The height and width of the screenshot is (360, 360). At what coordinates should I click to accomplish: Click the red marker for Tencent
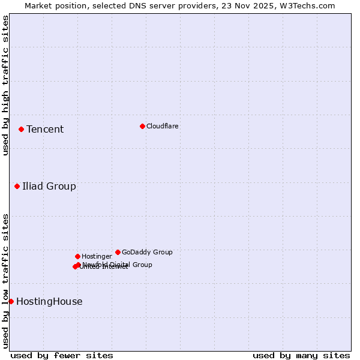point(21,129)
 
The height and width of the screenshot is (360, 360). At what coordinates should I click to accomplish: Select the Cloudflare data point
point(142,126)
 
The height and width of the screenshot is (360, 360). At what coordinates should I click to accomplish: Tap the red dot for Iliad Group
point(17,186)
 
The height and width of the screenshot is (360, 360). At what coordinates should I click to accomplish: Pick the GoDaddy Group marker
point(118,252)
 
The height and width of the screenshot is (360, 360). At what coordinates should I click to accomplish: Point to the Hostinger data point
point(77,256)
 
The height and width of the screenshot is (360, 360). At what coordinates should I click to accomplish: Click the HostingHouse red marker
point(11,301)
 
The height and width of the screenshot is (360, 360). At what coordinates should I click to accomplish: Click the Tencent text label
point(45,130)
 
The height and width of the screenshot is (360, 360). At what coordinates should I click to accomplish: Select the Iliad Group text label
point(49,187)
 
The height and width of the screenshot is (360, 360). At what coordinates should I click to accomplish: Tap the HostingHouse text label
point(49,302)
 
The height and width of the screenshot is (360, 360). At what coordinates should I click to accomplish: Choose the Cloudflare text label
point(163,127)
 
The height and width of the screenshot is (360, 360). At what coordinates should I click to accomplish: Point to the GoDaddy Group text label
point(147,253)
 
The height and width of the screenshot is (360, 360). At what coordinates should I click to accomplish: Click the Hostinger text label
point(97,257)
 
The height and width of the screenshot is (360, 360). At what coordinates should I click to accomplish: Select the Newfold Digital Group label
point(118,265)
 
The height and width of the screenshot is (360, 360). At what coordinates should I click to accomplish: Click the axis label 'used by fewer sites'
point(62,356)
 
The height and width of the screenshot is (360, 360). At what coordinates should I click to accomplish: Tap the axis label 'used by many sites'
point(301,356)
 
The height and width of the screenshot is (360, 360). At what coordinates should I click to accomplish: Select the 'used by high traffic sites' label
point(5,85)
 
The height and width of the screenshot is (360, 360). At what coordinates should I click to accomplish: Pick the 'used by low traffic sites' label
point(5,281)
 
